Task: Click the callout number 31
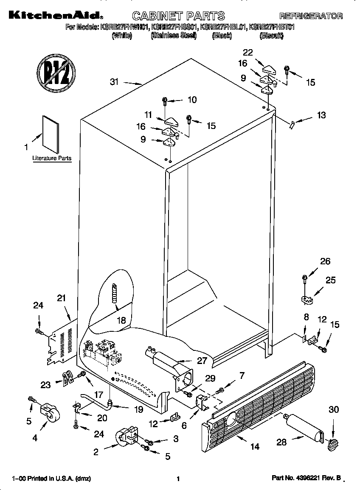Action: pos(114,82)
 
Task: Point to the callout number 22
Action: pos(247,53)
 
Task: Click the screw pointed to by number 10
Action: pos(165,101)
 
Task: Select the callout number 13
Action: pos(321,115)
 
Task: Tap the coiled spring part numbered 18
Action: pos(114,293)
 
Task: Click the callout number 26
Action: pos(325,261)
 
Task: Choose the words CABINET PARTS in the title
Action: pos(178,17)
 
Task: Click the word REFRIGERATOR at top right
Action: pos(311,17)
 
